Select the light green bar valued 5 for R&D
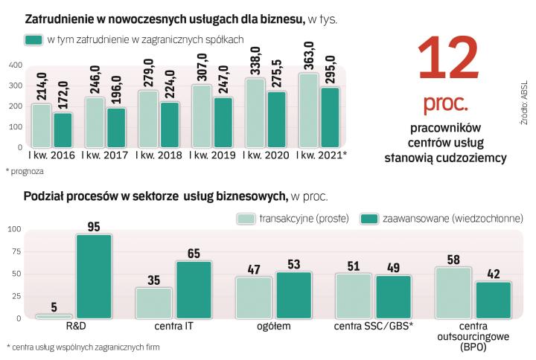pyautogui.click(x=54, y=316)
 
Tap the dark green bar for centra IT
pyautogui.click(x=194, y=289)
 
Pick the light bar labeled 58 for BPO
pyautogui.click(x=453, y=292)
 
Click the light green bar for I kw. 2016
pyautogui.click(x=41, y=126)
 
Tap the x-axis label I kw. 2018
pyautogui.click(x=160, y=156)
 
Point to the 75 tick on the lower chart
pyautogui.click(x=15, y=251)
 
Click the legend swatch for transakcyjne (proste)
pyautogui.click(x=246, y=218)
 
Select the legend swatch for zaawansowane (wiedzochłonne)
pyautogui.click(x=369, y=218)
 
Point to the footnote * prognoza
pyautogui.click(x=25, y=172)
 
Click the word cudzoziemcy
pyautogui.click(x=470, y=158)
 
